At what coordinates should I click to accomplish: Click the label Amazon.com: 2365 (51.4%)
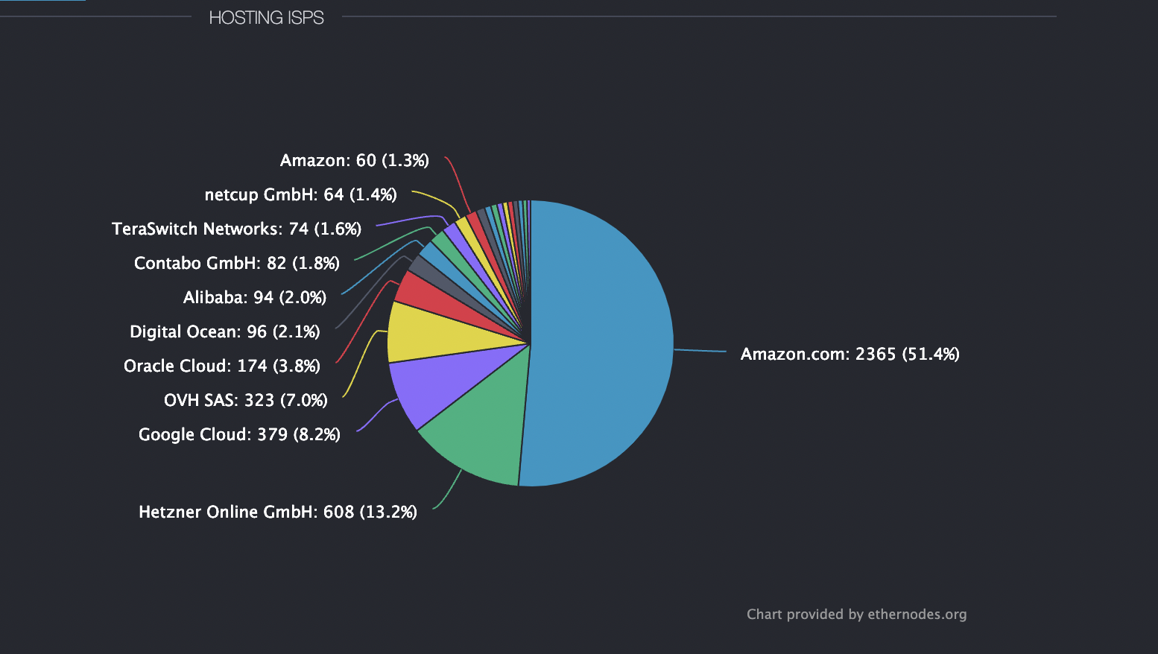pos(849,354)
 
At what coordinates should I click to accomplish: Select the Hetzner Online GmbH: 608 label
pos(277,512)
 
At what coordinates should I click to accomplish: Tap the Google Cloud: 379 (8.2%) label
pos(239,434)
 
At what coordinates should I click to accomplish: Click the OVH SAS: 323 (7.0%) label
pos(245,400)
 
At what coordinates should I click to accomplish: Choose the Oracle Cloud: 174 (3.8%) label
pos(221,366)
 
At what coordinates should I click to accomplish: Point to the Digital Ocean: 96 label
pos(224,331)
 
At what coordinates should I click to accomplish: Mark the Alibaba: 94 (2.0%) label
pos(254,297)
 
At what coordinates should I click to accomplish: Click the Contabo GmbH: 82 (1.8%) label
pos(236,263)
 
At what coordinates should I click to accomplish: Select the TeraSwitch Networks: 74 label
pos(236,229)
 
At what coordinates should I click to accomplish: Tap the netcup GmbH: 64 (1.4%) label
pos(300,194)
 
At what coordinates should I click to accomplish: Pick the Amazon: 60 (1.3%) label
pos(354,160)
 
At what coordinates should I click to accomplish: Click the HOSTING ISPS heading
pos(266,18)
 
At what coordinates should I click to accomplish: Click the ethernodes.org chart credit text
pos(856,614)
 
